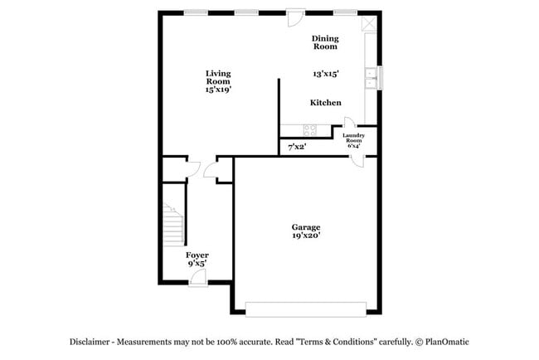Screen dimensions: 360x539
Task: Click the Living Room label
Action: pos(218,76)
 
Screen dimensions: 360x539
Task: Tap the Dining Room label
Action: pos(325,42)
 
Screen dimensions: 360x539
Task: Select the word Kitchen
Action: pos(325,103)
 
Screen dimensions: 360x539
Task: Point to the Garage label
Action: pos(305,227)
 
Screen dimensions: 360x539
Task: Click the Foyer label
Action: pos(197,255)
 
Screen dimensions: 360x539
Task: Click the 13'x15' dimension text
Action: pos(326,74)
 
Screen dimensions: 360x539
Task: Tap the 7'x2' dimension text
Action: pos(296,147)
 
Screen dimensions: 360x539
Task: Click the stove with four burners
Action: pos(311,129)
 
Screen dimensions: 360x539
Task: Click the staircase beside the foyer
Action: pos(173,224)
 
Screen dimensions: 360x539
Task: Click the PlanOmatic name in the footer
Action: pos(448,342)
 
